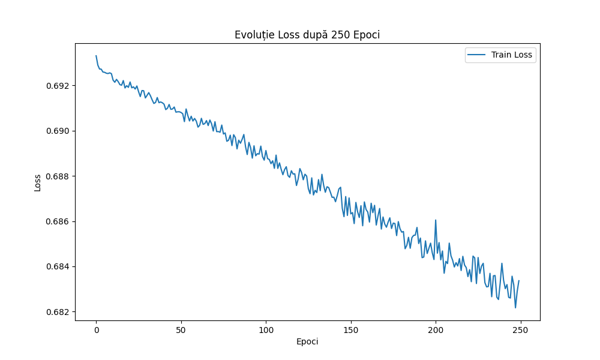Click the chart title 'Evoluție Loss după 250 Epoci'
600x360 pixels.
point(307,35)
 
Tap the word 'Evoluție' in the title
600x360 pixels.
point(252,35)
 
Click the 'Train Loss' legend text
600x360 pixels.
point(512,55)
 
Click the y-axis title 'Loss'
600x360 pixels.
point(38,182)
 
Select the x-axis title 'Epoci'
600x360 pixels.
point(307,341)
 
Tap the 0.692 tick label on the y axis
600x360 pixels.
point(58,86)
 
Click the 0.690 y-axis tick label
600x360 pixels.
point(58,131)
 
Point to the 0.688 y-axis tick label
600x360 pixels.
point(58,176)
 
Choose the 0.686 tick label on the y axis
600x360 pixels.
point(58,221)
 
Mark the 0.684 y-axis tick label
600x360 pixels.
point(58,266)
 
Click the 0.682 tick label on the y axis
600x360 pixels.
point(58,312)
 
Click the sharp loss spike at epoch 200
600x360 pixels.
point(436,221)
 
